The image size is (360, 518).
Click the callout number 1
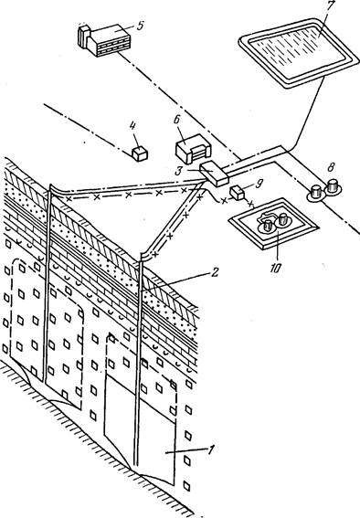pyautogui.click(x=210, y=449)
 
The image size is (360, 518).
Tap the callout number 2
pyautogui.click(x=215, y=272)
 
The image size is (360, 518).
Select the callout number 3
pyautogui.click(x=178, y=171)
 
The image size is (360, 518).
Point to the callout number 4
pyautogui.click(x=132, y=125)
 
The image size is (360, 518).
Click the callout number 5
pyautogui.click(x=140, y=26)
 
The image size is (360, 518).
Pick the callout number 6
pyautogui.click(x=177, y=120)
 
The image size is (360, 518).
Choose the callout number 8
pyautogui.click(x=330, y=167)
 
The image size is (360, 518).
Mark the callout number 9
pyautogui.click(x=259, y=184)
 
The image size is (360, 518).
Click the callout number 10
pyautogui.click(x=275, y=269)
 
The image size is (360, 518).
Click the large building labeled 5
pyautogui.click(x=104, y=39)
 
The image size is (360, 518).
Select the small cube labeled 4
pyautogui.click(x=140, y=154)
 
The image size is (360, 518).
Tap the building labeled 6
pyautogui.click(x=193, y=149)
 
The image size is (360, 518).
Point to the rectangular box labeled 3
pyautogui.click(x=215, y=174)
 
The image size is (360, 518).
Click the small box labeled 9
pyautogui.click(x=237, y=193)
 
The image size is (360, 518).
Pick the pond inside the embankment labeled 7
pyautogui.click(x=299, y=53)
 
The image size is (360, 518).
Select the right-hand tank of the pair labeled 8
pyautogui.click(x=333, y=186)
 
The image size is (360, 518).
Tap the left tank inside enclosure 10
pyautogui.click(x=267, y=227)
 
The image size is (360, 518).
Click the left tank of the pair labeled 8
pyautogui.click(x=316, y=193)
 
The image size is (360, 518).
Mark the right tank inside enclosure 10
pyautogui.click(x=283, y=220)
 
